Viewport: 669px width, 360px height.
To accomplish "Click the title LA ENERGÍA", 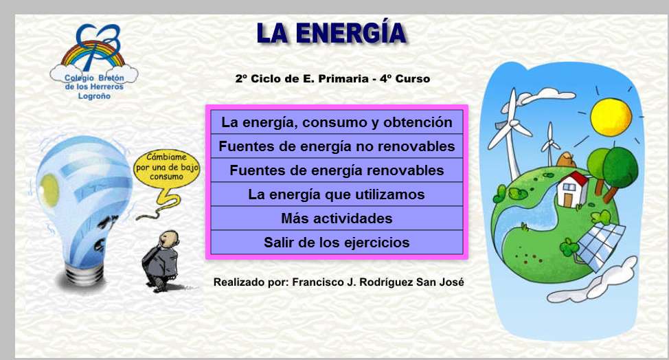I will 331,33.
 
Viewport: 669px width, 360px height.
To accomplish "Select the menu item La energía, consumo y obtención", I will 337,123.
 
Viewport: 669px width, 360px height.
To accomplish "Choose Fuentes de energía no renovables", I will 337,146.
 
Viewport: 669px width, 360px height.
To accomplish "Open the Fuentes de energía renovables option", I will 337,170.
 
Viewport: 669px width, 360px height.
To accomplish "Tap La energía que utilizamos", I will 337,194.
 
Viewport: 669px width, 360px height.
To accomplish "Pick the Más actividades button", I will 337,218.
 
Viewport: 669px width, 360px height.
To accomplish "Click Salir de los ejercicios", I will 337,243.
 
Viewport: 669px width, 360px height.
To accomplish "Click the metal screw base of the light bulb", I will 86,271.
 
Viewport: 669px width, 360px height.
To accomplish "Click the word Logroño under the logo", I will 93,96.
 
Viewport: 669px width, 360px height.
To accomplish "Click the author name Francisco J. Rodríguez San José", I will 376,282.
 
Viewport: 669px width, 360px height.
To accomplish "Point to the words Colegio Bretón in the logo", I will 93,78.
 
